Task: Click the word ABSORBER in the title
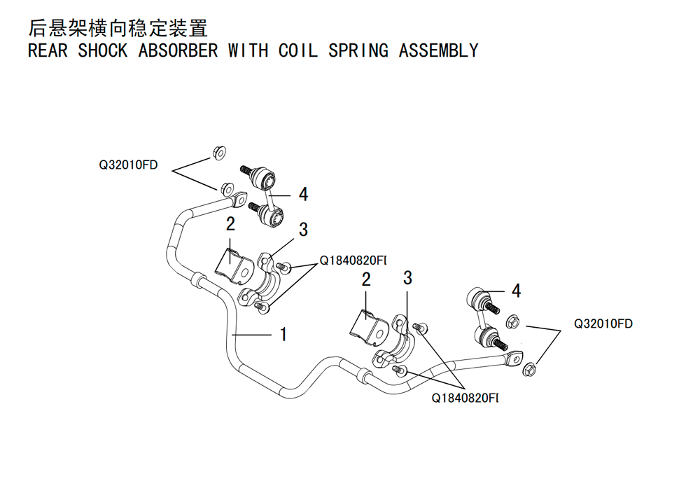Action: point(178,50)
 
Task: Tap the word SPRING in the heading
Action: point(358,50)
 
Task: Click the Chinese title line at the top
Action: point(118,28)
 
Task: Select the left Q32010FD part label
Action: point(128,165)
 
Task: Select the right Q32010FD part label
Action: point(603,324)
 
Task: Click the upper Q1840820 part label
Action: point(353,261)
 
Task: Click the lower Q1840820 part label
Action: point(465,398)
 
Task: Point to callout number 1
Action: point(283,334)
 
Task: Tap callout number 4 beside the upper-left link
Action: point(303,194)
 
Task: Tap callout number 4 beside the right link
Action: point(516,291)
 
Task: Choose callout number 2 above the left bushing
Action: point(230,224)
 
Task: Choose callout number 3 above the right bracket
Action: point(407,278)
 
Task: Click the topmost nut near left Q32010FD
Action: point(219,153)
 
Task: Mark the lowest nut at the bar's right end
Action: point(529,369)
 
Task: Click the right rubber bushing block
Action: point(369,328)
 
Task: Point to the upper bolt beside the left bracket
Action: point(283,267)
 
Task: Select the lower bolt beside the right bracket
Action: point(399,370)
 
